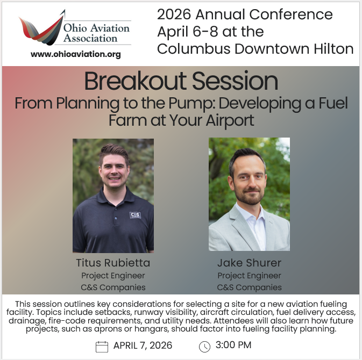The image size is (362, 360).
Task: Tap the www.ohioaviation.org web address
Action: pyautogui.click(x=76, y=54)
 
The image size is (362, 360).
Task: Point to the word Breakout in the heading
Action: pyautogui.click(x=126, y=82)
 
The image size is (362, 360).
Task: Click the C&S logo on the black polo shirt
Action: pyautogui.click(x=135, y=215)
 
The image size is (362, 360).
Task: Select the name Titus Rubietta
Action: pyautogui.click(x=113, y=263)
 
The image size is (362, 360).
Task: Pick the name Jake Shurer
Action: pyautogui.click(x=249, y=263)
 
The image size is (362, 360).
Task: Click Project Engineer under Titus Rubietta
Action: pyautogui.click(x=113, y=276)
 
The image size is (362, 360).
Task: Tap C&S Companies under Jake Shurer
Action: pyautogui.click(x=249, y=287)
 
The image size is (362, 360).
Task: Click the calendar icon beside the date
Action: pyautogui.click(x=102, y=347)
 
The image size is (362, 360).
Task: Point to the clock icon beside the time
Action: pyautogui.click(x=204, y=347)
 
